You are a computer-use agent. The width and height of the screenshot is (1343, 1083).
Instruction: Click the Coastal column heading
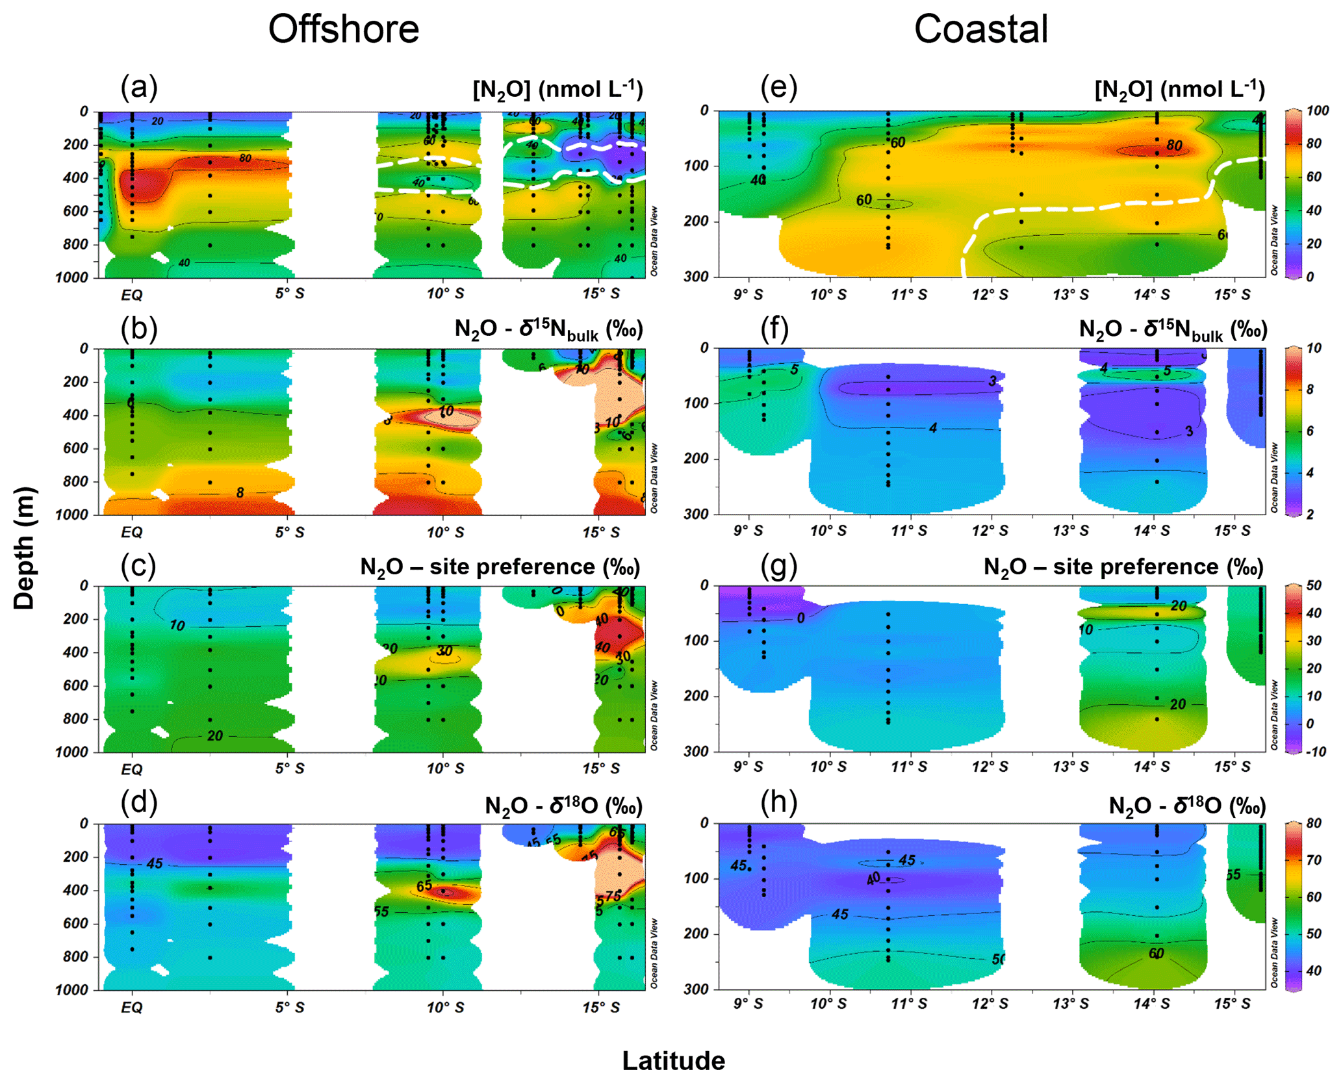(980, 29)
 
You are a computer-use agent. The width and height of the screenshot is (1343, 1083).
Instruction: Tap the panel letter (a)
(138, 86)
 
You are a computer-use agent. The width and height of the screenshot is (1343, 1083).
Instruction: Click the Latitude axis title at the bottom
(673, 1060)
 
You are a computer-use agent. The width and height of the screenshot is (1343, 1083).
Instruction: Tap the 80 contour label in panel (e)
(1173, 145)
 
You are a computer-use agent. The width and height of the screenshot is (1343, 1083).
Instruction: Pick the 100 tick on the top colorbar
(1317, 111)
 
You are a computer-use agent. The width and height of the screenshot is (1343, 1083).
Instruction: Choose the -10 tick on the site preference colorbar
(1316, 752)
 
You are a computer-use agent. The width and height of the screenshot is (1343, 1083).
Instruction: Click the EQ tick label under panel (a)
(131, 295)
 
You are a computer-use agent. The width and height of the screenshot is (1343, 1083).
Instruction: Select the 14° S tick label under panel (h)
(1151, 1004)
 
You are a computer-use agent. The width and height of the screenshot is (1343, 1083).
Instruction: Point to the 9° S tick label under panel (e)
(748, 295)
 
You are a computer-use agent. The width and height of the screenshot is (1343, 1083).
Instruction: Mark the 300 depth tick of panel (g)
(696, 752)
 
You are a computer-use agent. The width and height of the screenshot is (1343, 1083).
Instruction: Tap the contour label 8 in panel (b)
(240, 492)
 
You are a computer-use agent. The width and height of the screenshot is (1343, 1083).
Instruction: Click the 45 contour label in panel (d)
(154, 863)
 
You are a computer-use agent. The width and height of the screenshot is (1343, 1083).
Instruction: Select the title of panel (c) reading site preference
(500, 567)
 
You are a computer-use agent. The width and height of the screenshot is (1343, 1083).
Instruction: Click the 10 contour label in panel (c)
(177, 626)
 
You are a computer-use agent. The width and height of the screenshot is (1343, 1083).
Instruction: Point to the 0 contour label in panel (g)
(800, 618)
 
